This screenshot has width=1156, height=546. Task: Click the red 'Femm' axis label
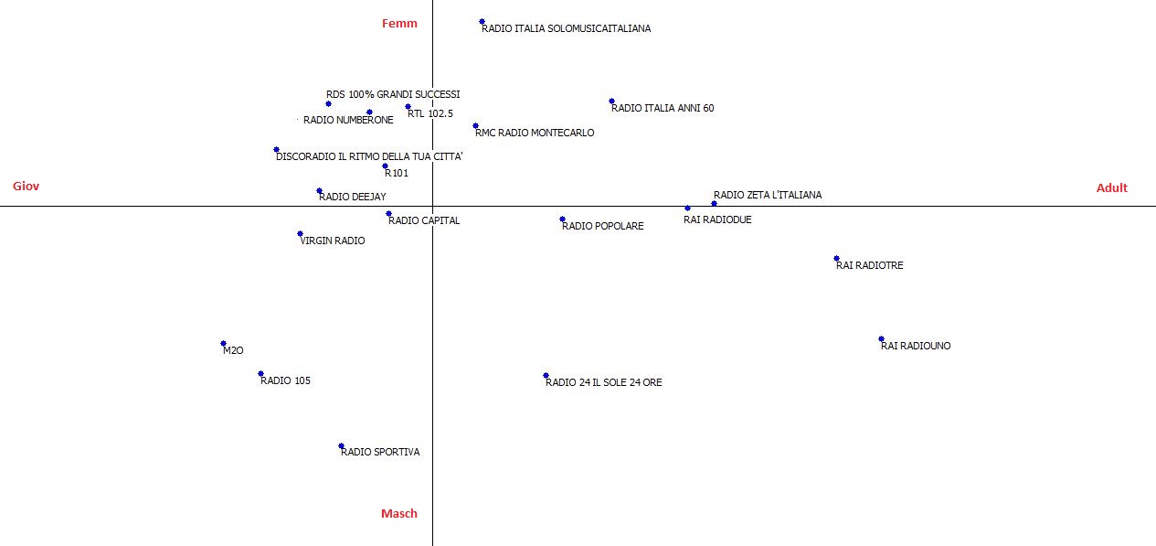click(399, 23)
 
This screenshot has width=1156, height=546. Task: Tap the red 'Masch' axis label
click(399, 513)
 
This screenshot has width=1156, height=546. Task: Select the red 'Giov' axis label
click(26, 186)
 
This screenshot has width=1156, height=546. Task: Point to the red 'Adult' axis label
click(1111, 187)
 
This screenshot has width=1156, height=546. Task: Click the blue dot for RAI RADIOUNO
click(881, 339)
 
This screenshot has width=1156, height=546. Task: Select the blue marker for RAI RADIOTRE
click(836, 258)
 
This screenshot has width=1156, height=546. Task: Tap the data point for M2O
click(223, 344)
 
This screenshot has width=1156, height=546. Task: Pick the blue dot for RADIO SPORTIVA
click(341, 445)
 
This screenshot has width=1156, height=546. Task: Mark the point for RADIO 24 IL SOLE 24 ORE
click(546, 376)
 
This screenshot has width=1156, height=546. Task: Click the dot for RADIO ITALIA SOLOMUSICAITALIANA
click(482, 22)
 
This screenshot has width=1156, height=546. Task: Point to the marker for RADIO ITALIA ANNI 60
click(611, 102)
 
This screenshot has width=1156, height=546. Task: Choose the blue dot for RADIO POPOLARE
click(563, 219)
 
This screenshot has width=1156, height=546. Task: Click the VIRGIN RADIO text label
click(333, 241)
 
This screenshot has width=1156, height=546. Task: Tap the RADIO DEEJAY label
click(353, 197)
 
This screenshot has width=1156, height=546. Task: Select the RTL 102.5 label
click(430, 113)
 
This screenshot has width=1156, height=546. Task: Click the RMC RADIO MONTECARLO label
click(535, 133)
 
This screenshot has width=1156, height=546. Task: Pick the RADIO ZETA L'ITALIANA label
click(768, 195)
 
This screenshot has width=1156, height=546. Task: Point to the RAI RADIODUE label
click(717, 219)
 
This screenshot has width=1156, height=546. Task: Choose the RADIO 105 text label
click(285, 380)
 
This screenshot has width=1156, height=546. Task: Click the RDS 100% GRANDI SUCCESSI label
click(393, 94)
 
